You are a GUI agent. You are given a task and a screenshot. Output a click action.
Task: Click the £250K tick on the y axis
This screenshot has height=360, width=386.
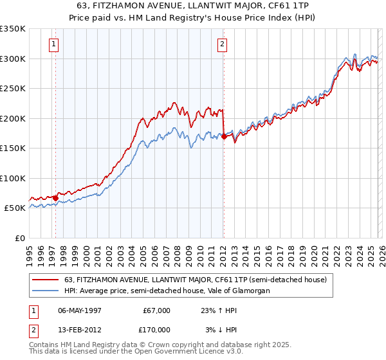click(13, 88)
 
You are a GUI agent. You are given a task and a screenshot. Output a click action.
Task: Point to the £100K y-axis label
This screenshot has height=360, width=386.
click(13, 178)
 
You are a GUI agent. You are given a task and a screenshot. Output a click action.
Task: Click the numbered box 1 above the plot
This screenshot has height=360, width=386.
click(53, 44)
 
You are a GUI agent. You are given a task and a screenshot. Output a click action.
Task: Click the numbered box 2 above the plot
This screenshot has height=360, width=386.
click(222, 44)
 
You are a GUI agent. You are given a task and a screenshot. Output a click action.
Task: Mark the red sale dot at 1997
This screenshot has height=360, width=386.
click(56, 198)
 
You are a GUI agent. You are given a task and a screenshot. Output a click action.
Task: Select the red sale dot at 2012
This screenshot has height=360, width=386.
click(223, 136)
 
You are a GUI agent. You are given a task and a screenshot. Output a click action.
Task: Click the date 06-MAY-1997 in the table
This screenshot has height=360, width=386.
click(82, 310)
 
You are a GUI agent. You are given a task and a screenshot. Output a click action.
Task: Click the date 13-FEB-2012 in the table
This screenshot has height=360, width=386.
click(82, 330)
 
